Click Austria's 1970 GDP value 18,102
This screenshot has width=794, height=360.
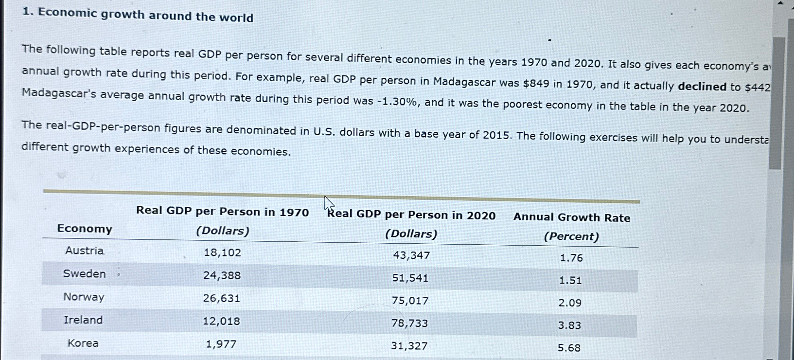[x=222, y=252]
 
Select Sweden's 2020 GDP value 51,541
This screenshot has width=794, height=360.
[x=410, y=278]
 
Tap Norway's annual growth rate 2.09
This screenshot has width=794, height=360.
[x=570, y=303]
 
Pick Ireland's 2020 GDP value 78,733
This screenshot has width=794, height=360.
[x=410, y=324]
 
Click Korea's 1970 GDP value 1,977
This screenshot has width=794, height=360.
[x=221, y=344]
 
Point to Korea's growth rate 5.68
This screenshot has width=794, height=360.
[x=569, y=348]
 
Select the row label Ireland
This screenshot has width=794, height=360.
[x=83, y=320]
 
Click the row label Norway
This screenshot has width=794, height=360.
[x=84, y=297]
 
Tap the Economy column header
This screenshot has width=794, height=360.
[x=85, y=229]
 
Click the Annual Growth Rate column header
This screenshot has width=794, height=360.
[x=572, y=217]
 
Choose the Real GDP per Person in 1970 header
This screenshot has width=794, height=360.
[x=222, y=212]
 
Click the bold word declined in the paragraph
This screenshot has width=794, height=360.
[x=702, y=87]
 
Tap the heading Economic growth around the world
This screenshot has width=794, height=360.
[x=145, y=16]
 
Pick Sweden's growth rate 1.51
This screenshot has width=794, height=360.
[x=570, y=280]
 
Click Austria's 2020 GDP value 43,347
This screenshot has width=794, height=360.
[x=411, y=255]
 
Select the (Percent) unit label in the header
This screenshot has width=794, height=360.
[x=571, y=236]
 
